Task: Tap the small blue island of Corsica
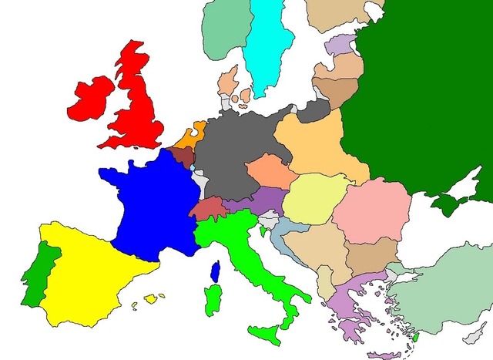(216, 271)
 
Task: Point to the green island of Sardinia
(210, 300)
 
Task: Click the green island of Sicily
(266, 334)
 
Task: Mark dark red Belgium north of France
(183, 156)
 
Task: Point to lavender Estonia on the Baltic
(339, 44)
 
